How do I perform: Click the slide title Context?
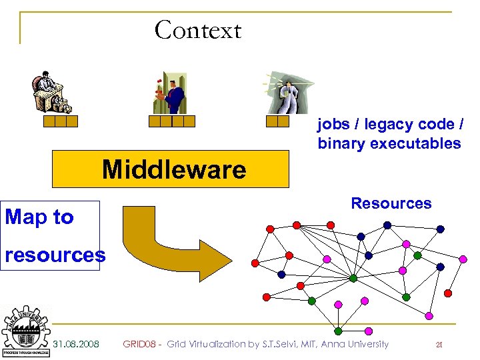[197, 30]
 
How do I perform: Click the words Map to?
[39, 217]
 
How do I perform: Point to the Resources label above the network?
[391, 203]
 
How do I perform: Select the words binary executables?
[389, 143]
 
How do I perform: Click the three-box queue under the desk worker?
[61, 121]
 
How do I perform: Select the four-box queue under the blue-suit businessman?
[172, 121]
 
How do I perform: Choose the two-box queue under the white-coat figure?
[277, 121]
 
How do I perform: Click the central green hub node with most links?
[353, 278]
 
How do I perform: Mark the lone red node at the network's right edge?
[448, 293]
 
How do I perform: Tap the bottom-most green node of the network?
[338, 331]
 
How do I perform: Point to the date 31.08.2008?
[77, 344]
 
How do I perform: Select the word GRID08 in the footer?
[139, 344]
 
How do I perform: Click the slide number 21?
[439, 345]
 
